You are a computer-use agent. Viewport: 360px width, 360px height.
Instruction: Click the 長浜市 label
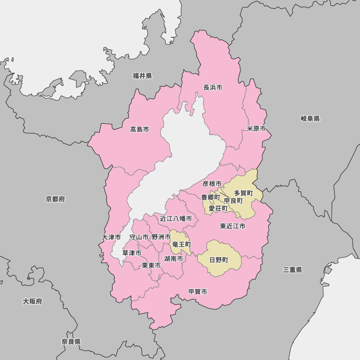pyautogui.click(x=213, y=87)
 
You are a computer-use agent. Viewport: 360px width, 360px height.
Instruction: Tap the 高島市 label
pyautogui.click(x=140, y=129)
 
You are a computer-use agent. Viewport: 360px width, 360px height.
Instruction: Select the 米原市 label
pyautogui.click(x=256, y=129)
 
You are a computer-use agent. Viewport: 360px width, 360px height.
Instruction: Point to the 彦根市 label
pyautogui.click(x=212, y=184)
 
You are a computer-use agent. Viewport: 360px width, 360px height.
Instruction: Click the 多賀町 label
pyautogui.click(x=243, y=193)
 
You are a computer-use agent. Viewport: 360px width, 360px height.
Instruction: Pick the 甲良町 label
pyautogui.click(x=233, y=201)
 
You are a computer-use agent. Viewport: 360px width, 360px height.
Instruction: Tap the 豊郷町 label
pyautogui.click(x=210, y=197)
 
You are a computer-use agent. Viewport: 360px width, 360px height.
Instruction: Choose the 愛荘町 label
pyautogui.click(x=218, y=208)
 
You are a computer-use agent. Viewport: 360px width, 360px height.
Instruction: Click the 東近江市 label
pyautogui.click(x=233, y=226)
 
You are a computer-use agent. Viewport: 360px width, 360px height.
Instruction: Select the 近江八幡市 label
pyautogui.click(x=176, y=219)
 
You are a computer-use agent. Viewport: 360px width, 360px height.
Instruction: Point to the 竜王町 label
pyautogui.click(x=181, y=244)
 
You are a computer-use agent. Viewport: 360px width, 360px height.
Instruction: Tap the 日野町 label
pyautogui.click(x=219, y=260)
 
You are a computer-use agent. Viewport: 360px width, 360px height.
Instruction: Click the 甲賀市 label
pyautogui.click(x=198, y=292)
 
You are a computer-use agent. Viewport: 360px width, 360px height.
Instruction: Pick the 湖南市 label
pyautogui.click(x=174, y=258)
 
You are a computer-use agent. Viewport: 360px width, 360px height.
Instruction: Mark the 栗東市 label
pyautogui.click(x=151, y=265)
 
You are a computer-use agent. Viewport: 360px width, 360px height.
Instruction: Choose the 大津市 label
pyautogui.click(x=111, y=237)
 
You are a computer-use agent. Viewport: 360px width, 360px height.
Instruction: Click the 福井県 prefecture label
pyautogui.click(x=142, y=76)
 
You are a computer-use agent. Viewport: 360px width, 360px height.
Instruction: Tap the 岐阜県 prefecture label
pyautogui.click(x=310, y=118)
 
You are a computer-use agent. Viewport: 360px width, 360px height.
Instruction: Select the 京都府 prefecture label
pyautogui.click(x=55, y=199)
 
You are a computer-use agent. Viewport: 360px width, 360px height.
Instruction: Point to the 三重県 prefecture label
pyautogui.click(x=292, y=270)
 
